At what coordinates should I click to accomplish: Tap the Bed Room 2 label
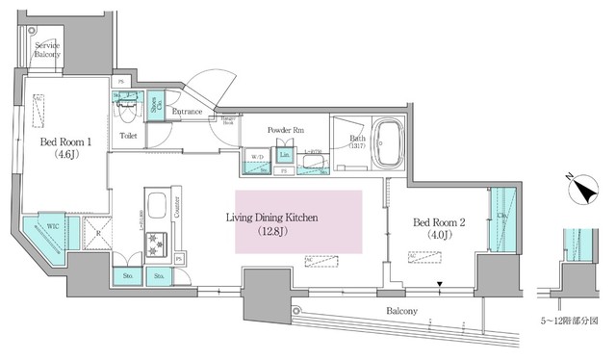click(x=440, y=229)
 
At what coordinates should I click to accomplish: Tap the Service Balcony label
click(x=48, y=50)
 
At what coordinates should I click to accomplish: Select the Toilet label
click(x=128, y=137)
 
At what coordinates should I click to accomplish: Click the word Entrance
click(x=187, y=113)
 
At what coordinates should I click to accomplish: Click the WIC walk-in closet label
click(x=44, y=228)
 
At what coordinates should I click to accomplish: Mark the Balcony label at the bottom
click(x=401, y=311)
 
